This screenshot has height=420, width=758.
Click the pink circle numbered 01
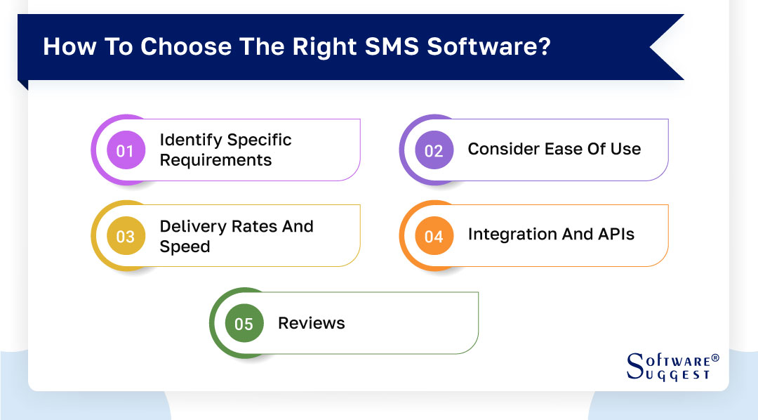[x=125, y=150]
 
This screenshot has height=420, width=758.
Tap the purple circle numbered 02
[x=434, y=150]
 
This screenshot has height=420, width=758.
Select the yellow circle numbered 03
[x=125, y=237]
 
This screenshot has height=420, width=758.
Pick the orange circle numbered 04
[x=434, y=237]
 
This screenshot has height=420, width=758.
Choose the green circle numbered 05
[x=244, y=324]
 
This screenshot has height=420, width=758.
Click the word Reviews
[x=312, y=324]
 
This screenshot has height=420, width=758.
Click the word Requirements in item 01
[x=215, y=160]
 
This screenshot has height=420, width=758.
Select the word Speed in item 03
[x=185, y=247]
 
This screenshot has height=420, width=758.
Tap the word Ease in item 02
[x=561, y=149]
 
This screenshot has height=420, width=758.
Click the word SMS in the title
[x=389, y=47]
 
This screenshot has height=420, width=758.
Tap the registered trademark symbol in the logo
[x=715, y=358]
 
